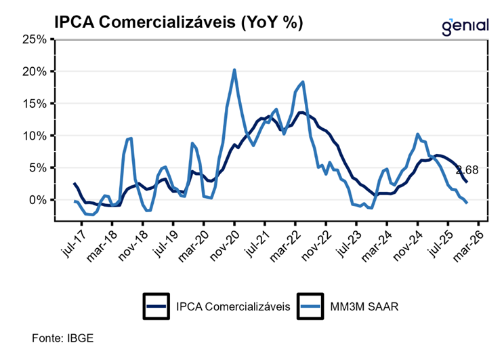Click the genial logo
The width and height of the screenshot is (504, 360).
pyautogui.click(x=464, y=26)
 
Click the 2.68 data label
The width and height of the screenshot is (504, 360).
pyautogui.click(x=468, y=169)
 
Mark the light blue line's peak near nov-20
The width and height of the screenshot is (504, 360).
pyautogui.click(x=234, y=70)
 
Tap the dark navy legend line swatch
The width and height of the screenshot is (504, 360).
pyautogui.click(x=157, y=306)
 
